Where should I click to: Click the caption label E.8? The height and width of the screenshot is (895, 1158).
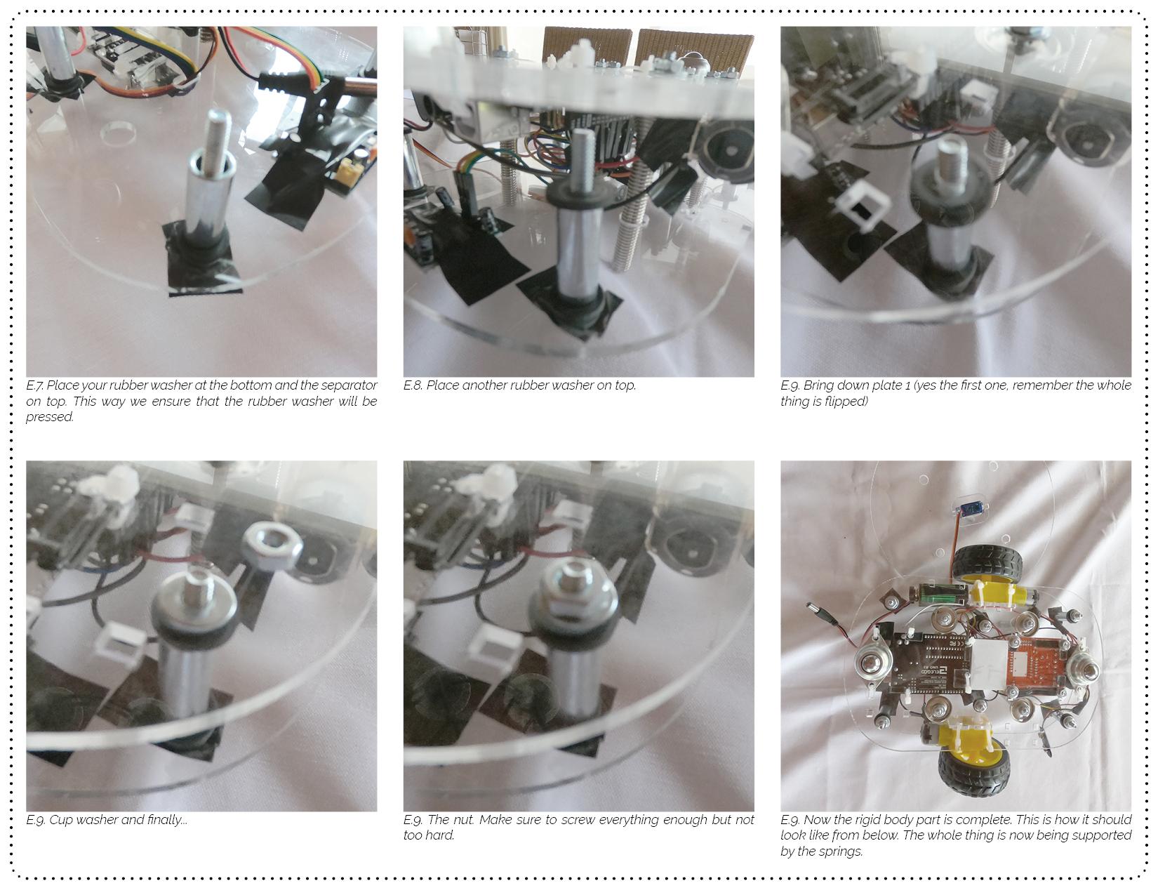coord(413,385)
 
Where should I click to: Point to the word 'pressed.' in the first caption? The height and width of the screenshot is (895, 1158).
coord(50,418)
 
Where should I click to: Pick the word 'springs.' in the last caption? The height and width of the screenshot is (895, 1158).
coord(840,851)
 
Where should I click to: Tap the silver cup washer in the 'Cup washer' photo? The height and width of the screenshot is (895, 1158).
coord(194,599)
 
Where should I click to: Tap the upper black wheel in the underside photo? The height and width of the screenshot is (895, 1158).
coord(987,563)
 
